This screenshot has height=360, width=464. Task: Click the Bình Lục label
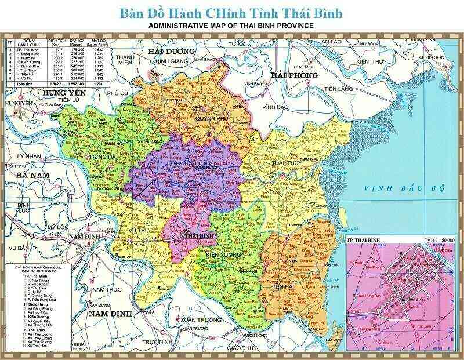(24, 209)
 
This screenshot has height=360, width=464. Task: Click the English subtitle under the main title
(231, 26)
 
